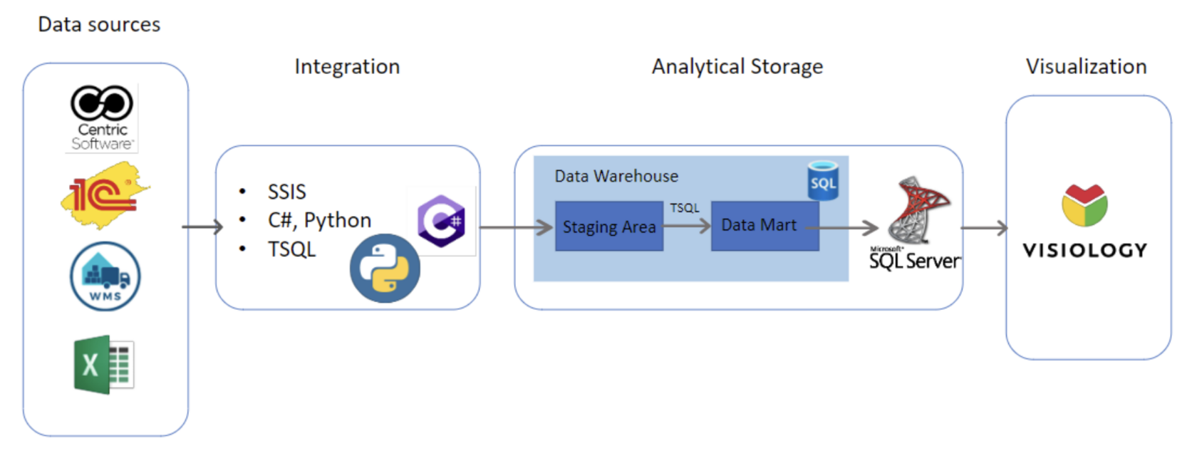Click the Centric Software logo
pyautogui.click(x=103, y=118)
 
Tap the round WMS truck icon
pyautogui.click(x=105, y=276)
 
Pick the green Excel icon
pyautogui.click(x=104, y=365)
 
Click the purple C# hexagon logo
pyautogui.click(x=442, y=221)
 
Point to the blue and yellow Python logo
pyautogui.click(x=385, y=269)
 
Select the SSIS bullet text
pyautogui.click(x=286, y=192)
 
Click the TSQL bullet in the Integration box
pyautogui.click(x=291, y=249)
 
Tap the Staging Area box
pyautogui.click(x=609, y=227)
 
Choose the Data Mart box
pyautogui.click(x=765, y=226)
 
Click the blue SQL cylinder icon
pyautogui.click(x=823, y=181)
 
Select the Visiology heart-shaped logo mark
pyautogui.click(x=1084, y=205)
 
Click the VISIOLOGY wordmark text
pyautogui.click(x=1085, y=251)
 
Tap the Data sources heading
pyautogui.click(x=99, y=24)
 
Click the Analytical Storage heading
pyautogui.click(x=737, y=66)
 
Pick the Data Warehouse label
pyautogui.click(x=616, y=176)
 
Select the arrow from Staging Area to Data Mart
pyautogui.click(x=687, y=226)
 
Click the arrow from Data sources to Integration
pyautogui.click(x=202, y=227)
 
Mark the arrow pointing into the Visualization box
pyautogui.click(x=984, y=228)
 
